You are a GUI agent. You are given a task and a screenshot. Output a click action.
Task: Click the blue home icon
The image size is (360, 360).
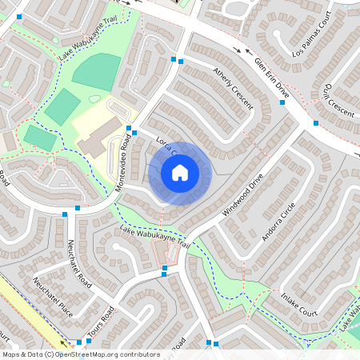pos(180,173)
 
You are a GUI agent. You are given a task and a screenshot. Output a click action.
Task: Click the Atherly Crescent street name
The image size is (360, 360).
pos(233,88)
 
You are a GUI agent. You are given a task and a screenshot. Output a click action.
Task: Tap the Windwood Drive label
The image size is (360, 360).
pos(243,197)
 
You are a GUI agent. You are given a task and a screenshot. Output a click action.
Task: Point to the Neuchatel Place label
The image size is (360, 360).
pos(53,296)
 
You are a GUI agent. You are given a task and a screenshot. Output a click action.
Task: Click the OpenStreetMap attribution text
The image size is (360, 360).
pos(81,354)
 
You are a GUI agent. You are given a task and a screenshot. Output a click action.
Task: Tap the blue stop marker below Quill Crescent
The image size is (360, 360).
pos(316,123)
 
